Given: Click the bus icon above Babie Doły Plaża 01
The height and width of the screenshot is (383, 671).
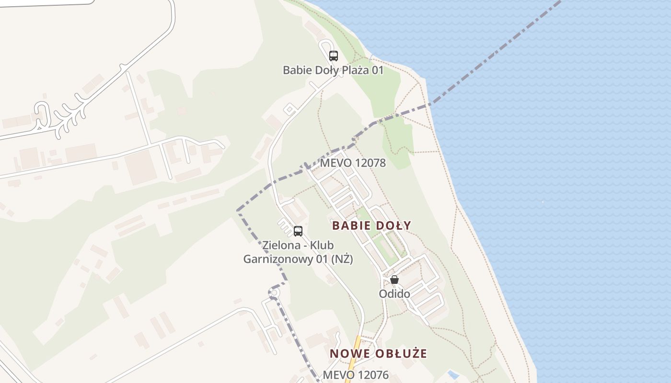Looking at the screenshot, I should (x=334, y=56).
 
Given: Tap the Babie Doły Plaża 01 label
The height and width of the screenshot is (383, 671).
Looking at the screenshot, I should (x=333, y=70).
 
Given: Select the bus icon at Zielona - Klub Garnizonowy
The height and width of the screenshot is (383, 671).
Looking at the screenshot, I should (x=298, y=231).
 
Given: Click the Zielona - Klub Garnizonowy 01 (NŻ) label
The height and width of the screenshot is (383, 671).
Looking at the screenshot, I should (x=298, y=252).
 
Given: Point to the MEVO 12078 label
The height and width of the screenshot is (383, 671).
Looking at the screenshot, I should (x=353, y=163).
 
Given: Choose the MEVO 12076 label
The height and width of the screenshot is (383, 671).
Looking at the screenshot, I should (x=356, y=374).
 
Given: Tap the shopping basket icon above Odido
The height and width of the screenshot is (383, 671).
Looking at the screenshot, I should (x=394, y=280).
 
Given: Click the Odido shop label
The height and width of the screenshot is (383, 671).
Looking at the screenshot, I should (x=394, y=293).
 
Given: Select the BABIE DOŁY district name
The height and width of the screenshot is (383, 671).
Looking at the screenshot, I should (x=371, y=225).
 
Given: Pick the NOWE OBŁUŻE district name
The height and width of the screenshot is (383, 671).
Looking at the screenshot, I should (x=378, y=354).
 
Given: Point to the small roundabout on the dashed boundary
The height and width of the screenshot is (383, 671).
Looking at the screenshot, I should (x=274, y=293).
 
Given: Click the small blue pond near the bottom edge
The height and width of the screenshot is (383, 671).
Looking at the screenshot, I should (x=452, y=374).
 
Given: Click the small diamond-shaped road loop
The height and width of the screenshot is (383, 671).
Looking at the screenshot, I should (x=289, y=109).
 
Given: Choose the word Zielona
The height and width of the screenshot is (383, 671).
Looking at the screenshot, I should (x=280, y=245).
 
